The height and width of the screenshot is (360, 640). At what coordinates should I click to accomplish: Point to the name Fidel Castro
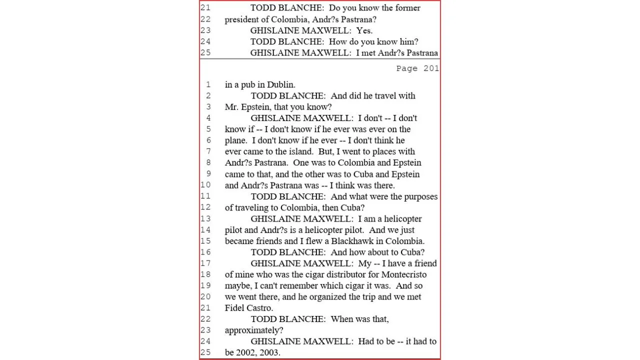tap(248, 308)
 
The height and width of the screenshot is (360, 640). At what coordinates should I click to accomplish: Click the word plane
tap(236, 140)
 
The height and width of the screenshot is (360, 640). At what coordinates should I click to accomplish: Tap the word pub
tap(248, 84)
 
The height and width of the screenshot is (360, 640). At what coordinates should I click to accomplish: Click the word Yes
tap(364, 30)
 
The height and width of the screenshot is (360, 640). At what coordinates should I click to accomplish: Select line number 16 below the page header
tap(205, 252)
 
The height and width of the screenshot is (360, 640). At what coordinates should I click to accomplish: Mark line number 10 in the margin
tap(205, 185)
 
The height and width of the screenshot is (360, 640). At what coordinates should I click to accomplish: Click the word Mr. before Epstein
tap(232, 107)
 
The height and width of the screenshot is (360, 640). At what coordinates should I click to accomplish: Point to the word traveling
tap(252, 207)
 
